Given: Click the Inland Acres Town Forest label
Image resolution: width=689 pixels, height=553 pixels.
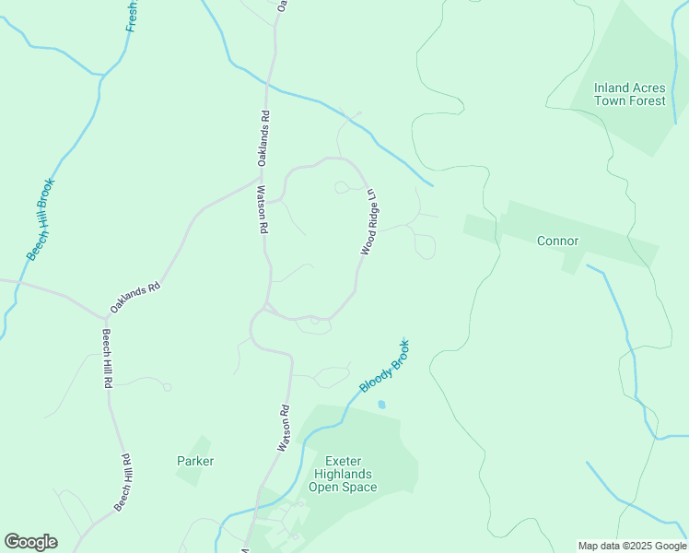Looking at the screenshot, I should coord(629,95).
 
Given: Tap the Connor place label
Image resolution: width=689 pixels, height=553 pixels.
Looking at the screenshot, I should coord(557,241).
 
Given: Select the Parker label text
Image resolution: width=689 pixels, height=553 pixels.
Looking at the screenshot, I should coord(195,461).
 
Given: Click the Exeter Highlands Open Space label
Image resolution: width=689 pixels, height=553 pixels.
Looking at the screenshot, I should coord(343,473).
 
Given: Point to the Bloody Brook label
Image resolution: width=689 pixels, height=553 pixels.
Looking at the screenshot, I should coord(385,366).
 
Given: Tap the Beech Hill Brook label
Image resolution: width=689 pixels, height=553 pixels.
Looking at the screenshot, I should coord(41,219).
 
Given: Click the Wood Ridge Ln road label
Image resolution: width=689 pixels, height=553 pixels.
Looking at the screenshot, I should coord(369,223).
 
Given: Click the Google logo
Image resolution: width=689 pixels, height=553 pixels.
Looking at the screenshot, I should coord(30,542).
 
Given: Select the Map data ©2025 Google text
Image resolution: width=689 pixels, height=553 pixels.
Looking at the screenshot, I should coord(632,546).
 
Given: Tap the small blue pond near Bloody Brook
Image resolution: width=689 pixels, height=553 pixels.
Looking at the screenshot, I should coord(381,404).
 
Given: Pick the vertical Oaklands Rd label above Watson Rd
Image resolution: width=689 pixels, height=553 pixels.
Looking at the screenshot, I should coord(263,138).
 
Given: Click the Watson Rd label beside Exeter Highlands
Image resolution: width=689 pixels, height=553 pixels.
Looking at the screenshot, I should coord(285,429).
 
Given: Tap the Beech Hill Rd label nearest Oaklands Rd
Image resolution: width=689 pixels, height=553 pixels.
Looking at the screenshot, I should coord(108,358).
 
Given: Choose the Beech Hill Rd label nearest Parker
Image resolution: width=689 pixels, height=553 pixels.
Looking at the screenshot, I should coord(124,482).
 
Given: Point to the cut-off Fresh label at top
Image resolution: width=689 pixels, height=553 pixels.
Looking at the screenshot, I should coord(132,16).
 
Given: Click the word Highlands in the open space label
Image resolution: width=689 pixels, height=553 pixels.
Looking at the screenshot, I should coord(343,473).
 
